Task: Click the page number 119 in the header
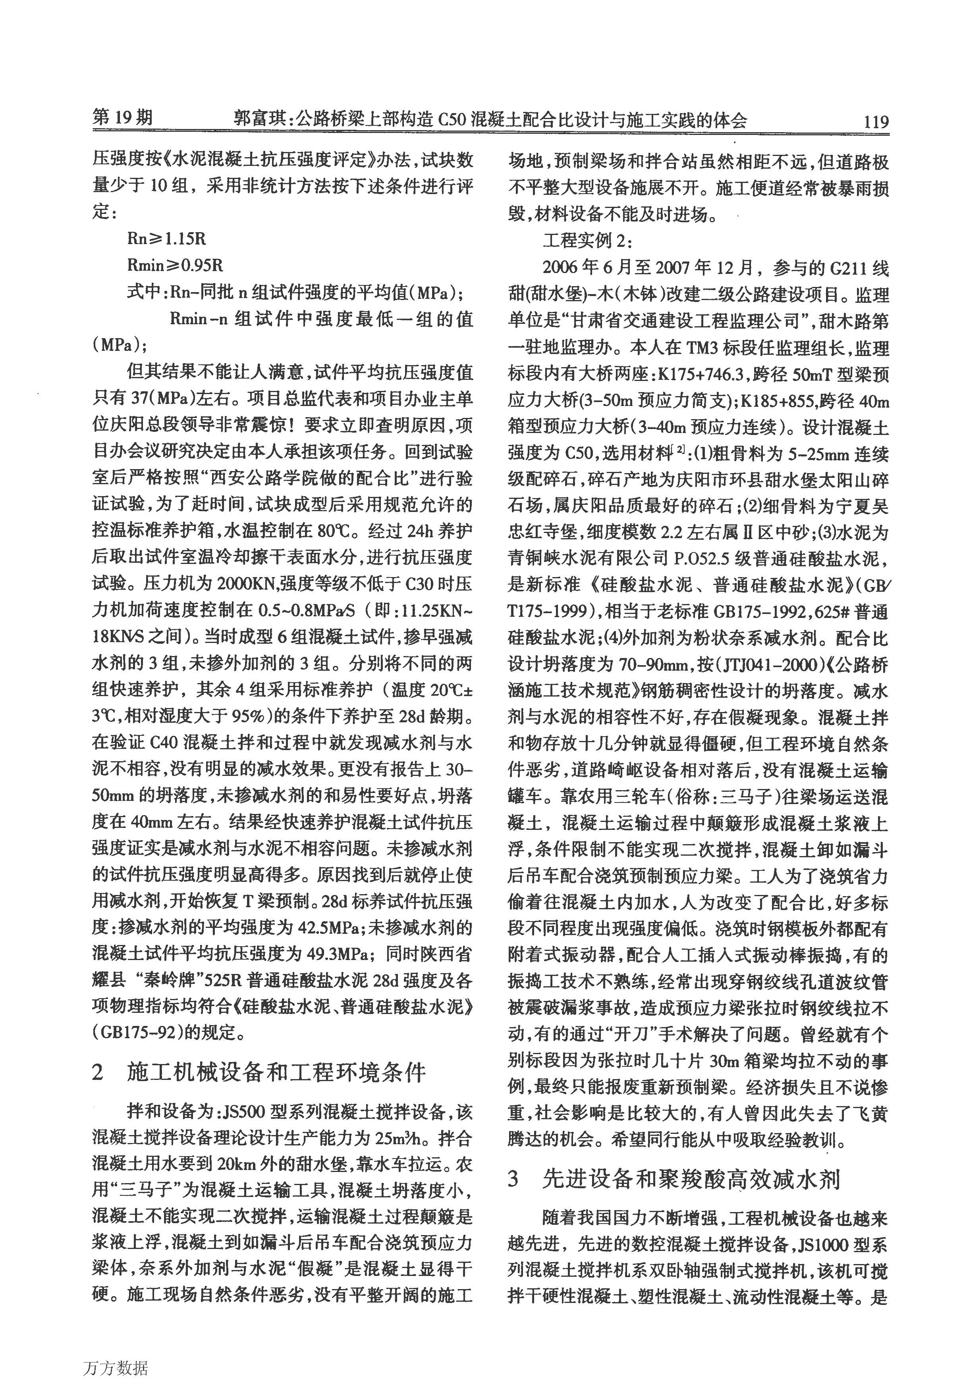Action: [876, 122]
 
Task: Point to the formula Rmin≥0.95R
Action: [175, 266]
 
